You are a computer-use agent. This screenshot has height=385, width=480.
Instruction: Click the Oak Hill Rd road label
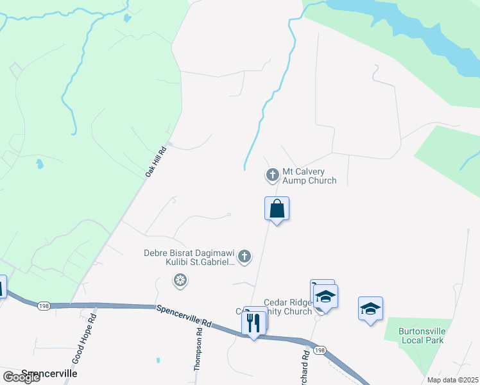156,162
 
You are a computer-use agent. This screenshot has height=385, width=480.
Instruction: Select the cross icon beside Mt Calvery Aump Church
272,174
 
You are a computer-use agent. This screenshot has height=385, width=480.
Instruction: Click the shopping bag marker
277,209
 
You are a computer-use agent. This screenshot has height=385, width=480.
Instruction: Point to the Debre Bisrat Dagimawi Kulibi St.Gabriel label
190,258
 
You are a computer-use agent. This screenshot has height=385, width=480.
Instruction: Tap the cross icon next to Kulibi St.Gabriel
244,257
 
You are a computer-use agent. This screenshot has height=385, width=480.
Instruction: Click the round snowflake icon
180,280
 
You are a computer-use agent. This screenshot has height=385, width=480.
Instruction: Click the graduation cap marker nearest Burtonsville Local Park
370,309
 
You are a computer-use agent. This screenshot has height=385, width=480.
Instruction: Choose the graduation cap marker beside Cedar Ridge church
325,296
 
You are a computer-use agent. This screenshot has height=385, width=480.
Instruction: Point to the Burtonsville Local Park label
422,335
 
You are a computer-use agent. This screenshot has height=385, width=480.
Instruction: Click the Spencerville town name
49,373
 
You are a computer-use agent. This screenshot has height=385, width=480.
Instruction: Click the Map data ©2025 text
453,380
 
